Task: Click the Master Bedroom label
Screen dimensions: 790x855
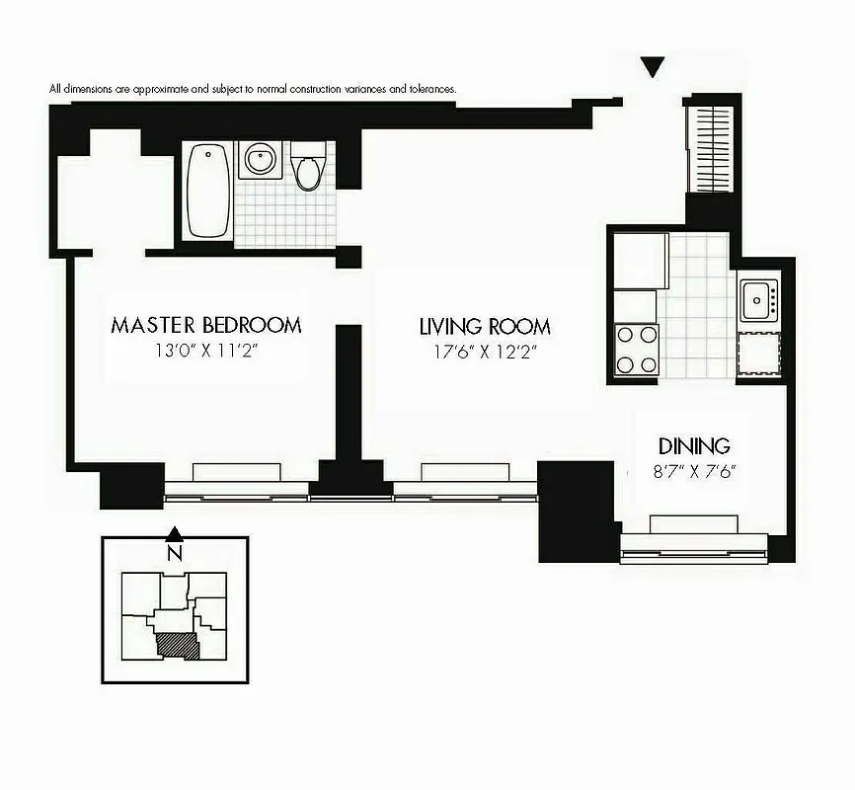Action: pyautogui.click(x=205, y=325)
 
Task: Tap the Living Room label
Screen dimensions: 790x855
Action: pyautogui.click(x=485, y=327)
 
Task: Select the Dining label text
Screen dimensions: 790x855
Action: pyautogui.click(x=694, y=445)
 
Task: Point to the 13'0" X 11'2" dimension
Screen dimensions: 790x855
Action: pyautogui.click(x=205, y=350)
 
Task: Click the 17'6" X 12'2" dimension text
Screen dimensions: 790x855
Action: pyautogui.click(x=485, y=351)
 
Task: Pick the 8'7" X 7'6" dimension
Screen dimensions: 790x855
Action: pyautogui.click(x=694, y=471)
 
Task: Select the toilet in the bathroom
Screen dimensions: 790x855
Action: pyautogui.click(x=309, y=169)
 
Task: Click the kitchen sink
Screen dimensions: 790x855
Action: pyautogui.click(x=758, y=295)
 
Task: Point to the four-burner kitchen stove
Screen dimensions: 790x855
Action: pyautogui.click(x=637, y=349)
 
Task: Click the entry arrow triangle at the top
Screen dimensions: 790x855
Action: pyautogui.click(x=651, y=67)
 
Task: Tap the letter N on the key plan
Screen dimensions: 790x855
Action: pyautogui.click(x=174, y=554)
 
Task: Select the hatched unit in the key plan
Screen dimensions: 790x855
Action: pyautogui.click(x=178, y=645)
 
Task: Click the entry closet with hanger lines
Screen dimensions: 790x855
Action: pyautogui.click(x=712, y=148)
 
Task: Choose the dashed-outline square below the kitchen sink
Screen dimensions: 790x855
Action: pyautogui.click(x=758, y=353)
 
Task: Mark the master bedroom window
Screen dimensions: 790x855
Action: pyautogui.click(x=236, y=483)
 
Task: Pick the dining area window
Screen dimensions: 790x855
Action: pyautogui.click(x=693, y=538)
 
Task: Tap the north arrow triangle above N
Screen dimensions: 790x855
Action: pyautogui.click(x=174, y=533)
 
